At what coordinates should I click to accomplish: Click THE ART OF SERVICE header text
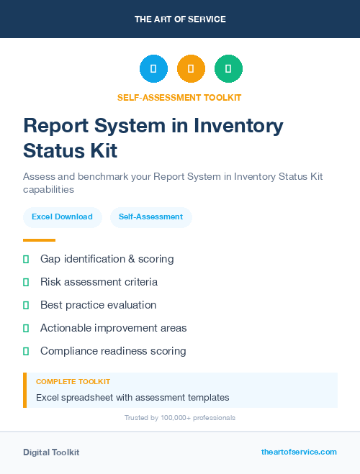click(180, 19)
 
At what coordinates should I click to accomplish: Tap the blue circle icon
click(153, 69)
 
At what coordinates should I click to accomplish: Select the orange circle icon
click(191, 69)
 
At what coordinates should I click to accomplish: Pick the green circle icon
click(228, 69)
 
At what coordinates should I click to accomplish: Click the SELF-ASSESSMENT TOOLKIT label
click(180, 97)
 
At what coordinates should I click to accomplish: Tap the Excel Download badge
click(62, 217)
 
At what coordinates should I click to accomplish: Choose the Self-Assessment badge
click(150, 217)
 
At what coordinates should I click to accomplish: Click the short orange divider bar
click(39, 240)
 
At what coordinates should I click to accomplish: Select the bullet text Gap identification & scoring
click(107, 259)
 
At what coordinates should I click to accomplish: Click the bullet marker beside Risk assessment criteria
click(26, 282)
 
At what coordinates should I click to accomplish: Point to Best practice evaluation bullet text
click(98, 305)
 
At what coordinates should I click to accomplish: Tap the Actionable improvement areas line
click(113, 328)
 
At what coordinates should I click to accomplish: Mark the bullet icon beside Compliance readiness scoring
click(26, 351)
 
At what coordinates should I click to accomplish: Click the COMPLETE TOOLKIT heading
click(73, 382)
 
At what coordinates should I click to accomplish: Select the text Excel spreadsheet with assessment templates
click(132, 397)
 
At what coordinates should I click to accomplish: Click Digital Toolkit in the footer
click(51, 452)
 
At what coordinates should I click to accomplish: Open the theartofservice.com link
click(299, 452)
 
